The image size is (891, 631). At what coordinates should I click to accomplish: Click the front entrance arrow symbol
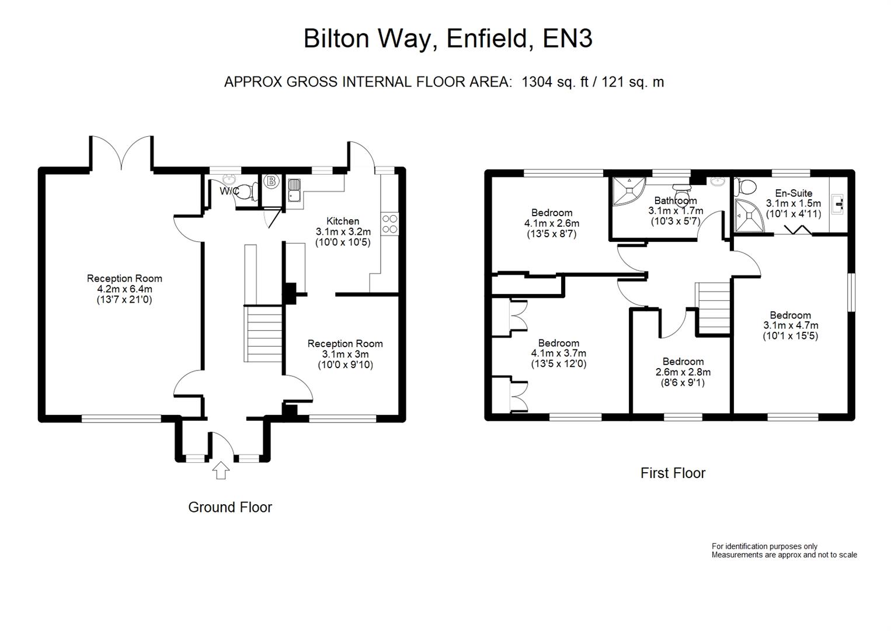click(220, 470)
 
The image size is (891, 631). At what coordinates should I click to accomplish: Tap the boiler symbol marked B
click(270, 182)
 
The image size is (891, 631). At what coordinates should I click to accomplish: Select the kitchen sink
click(294, 190)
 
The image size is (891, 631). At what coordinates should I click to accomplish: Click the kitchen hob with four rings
click(389, 224)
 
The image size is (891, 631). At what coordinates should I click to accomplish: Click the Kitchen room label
click(343, 221)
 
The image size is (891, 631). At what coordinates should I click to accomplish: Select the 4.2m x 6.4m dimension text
click(124, 289)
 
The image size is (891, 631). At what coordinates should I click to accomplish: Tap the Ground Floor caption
click(229, 507)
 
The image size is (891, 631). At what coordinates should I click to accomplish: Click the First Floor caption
click(673, 473)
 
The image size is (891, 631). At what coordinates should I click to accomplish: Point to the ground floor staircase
click(263, 333)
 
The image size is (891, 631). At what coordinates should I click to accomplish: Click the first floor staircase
click(714, 308)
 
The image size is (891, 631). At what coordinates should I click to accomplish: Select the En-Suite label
click(793, 193)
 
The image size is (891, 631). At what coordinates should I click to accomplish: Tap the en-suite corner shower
click(748, 216)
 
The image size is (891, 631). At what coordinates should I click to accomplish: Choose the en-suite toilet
click(744, 187)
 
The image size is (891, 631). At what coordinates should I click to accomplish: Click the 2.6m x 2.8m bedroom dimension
click(683, 372)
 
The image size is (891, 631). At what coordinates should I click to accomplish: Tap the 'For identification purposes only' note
click(764, 546)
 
